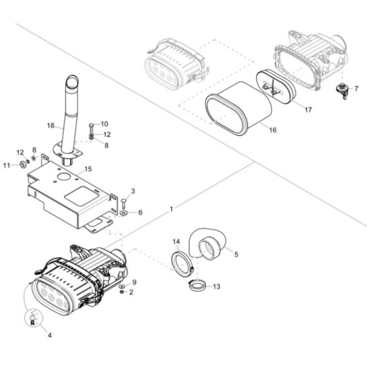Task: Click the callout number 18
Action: coord(50,124)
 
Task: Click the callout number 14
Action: coord(176,242)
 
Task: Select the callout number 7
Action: coord(356,88)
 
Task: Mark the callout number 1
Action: coord(172,208)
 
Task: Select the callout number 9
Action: coord(134,282)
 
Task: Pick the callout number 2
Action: coord(131,292)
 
